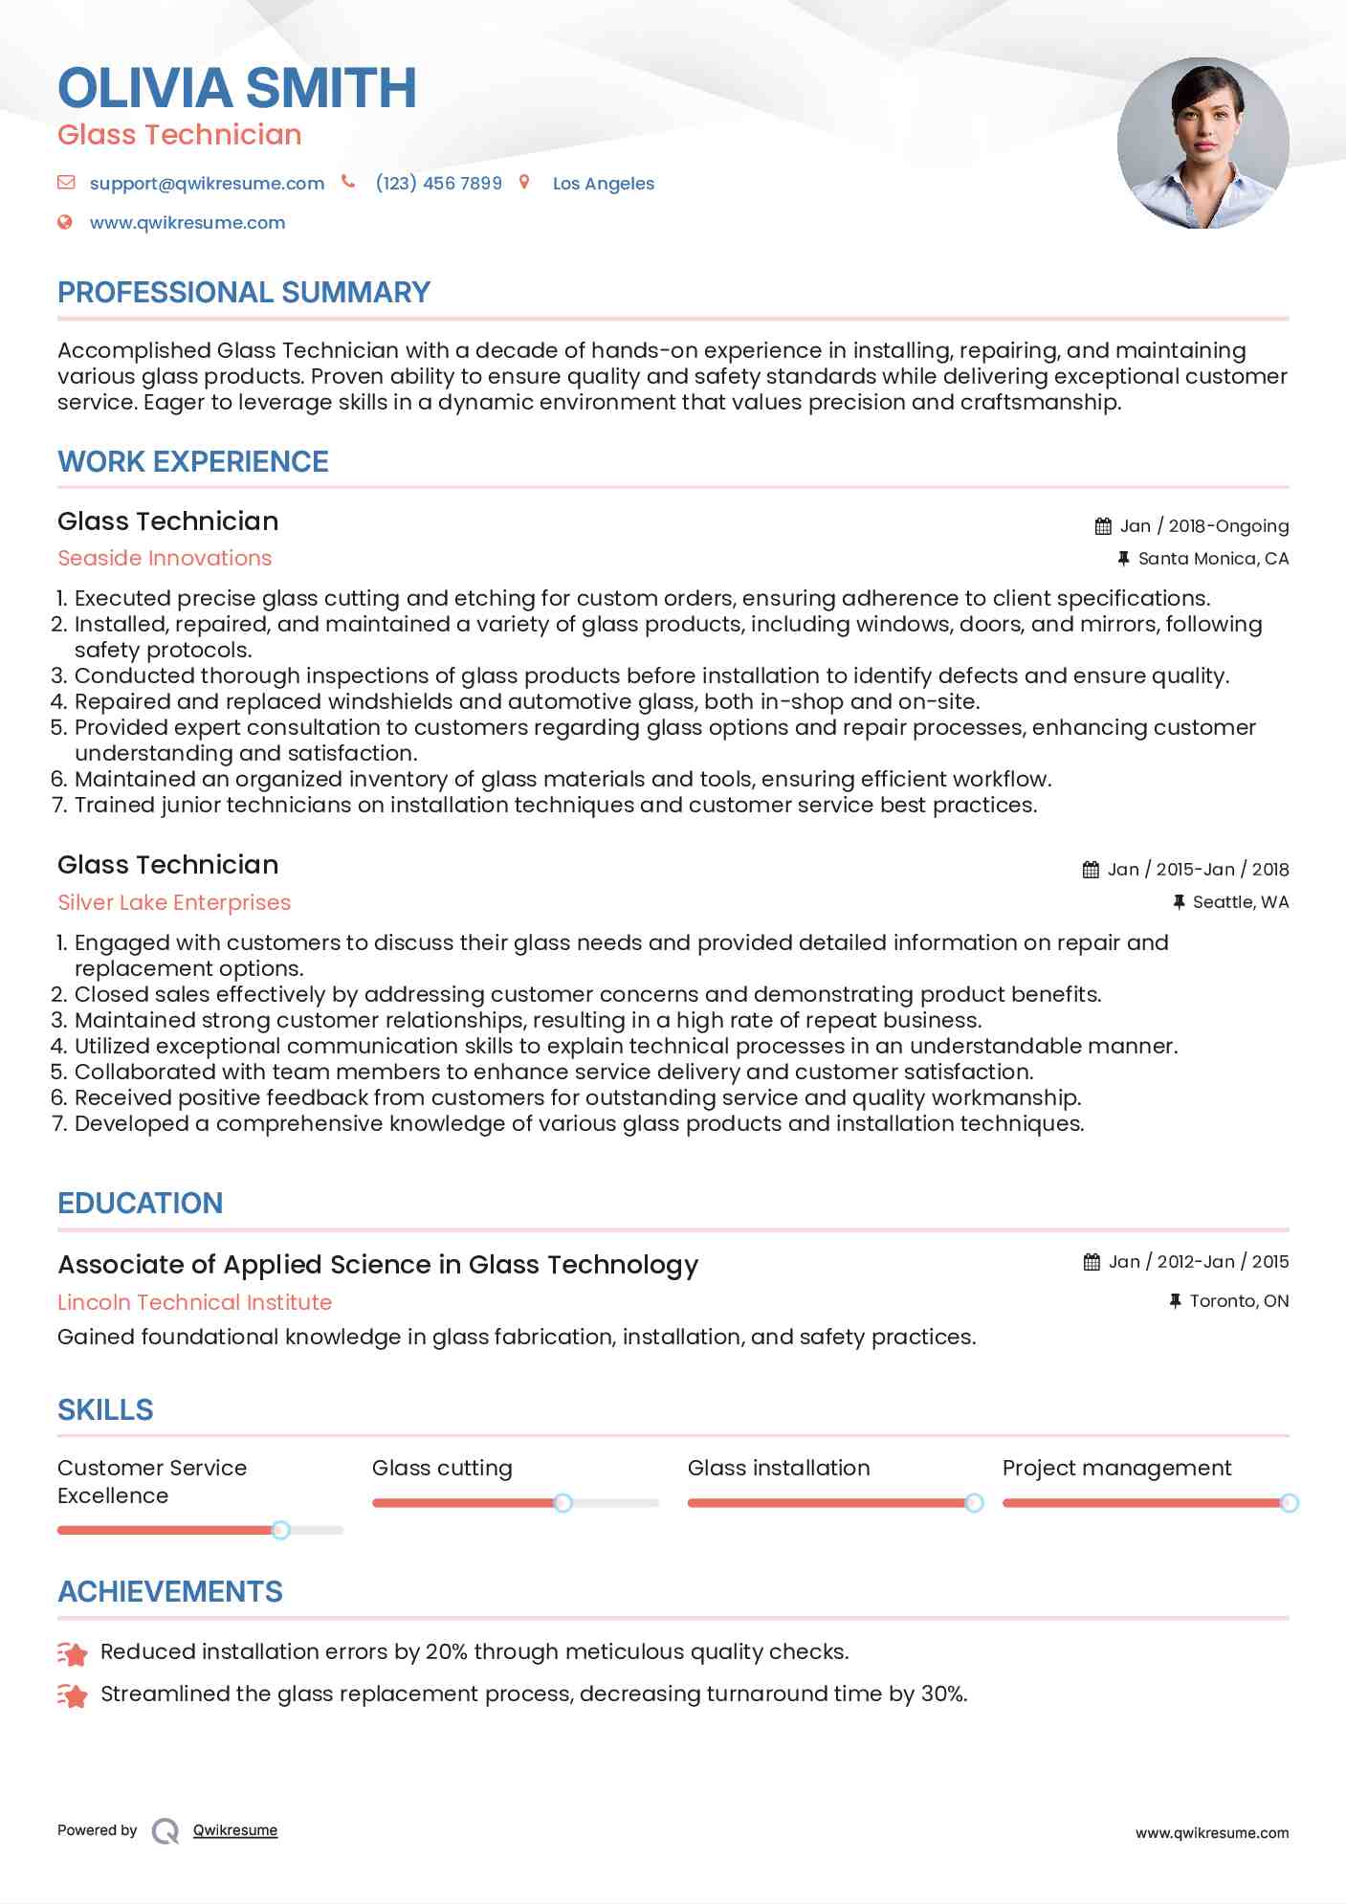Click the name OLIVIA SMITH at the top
point(236,88)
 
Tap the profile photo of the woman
point(1203,144)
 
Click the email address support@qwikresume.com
point(207,183)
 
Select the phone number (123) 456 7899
point(438,183)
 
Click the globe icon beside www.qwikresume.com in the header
point(65,222)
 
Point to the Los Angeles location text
point(603,184)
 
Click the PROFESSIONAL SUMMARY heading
point(244,292)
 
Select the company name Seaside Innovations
point(165,558)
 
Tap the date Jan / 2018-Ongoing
point(1203,525)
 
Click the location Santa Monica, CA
point(1213,558)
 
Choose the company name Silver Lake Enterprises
point(174,902)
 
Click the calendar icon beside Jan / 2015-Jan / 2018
point(1091,869)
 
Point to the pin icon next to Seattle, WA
point(1179,901)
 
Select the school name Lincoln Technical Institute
point(194,1302)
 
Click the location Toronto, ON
point(1239,1300)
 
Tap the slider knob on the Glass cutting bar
point(563,1503)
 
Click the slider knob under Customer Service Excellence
point(280,1530)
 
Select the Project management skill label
point(1116,1468)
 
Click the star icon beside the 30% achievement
point(73,1695)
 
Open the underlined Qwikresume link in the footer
point(235,1830)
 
